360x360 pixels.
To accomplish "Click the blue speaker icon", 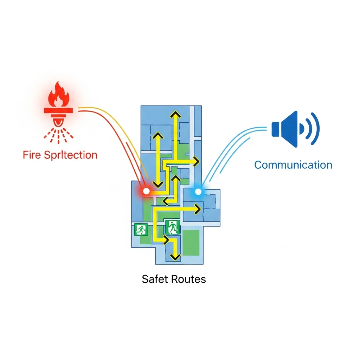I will point(285,129).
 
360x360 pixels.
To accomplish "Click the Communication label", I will point(293,165).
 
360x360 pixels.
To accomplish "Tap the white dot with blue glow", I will point(198,191).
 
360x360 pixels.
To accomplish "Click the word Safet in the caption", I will point(155,279).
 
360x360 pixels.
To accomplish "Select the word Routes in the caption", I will point(189,279).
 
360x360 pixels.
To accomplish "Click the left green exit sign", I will point(141,230).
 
